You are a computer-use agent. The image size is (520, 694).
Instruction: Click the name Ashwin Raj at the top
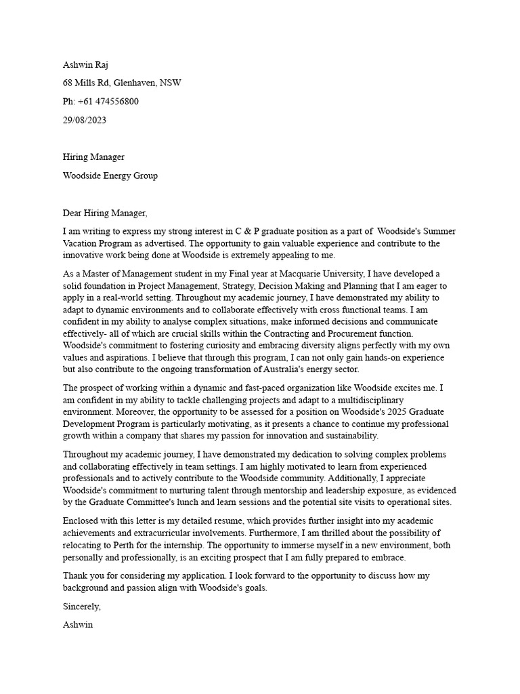pos(85,65)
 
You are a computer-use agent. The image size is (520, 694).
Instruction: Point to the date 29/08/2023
pos(84,120)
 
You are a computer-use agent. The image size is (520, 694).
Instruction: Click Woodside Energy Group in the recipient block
pos(110,176)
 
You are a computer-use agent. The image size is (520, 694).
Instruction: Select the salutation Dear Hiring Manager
pos(104,213)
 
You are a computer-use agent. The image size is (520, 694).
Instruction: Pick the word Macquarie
pos(303,274)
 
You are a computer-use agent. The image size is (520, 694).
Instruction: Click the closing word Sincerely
pos(81,607)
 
